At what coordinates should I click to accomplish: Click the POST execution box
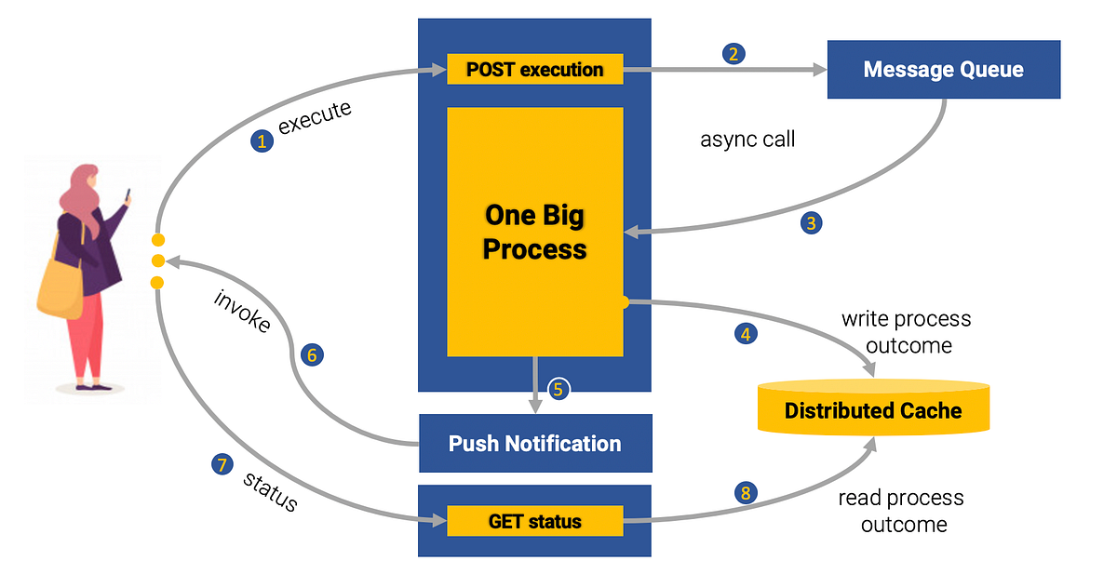click(x=534, y=70)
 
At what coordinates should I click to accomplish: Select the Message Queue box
click(x=943, y=70)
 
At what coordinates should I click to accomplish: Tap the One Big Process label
click(x=535, y=232)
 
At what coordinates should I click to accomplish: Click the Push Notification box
click(x=534, y=444)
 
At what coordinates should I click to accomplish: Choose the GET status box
click(x=534, y=521)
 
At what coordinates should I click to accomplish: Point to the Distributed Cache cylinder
click(x=873, y=409)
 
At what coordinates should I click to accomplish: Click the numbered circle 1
click(x=262, y=141)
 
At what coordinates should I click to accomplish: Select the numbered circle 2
click(x=733, y=54)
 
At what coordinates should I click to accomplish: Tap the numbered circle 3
click(x=812, y=223)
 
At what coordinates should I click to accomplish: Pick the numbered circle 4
click(x=745, y=332)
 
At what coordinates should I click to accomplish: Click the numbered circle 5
click(x=558, y=389)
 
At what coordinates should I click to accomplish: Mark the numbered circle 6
click(x=312, y=354)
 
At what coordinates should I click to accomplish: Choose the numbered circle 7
click(x=221, y=465)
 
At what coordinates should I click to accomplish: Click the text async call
click(x=747, y=140)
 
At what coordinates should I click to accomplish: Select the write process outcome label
click(x=906, y=332)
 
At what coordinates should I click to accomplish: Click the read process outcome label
click(x=901, y=511)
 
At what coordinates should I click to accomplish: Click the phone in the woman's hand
click(x=128, y=196)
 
